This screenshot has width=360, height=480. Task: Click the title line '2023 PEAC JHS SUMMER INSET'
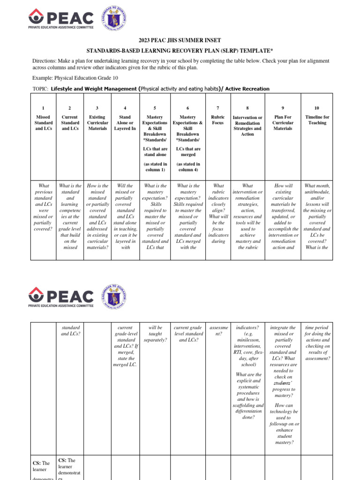pos(180,41)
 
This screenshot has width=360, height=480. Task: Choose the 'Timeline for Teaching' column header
pos(317,120)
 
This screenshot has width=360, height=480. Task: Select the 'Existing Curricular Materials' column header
pos(97,123)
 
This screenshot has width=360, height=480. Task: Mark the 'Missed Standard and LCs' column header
pos(44,123)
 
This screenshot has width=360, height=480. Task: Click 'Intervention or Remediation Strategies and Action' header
pos(247,126)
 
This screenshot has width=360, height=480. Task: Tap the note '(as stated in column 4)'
pos(188,167)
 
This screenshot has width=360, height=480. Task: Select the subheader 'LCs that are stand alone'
pos(155,152)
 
